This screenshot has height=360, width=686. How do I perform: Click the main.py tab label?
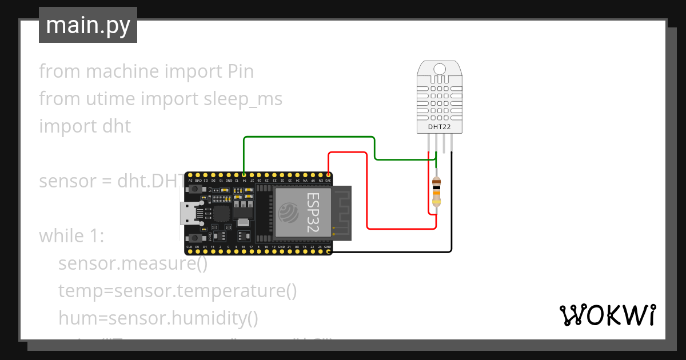tap(87, 25)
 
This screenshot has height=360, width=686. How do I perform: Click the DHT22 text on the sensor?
tap(440, 126)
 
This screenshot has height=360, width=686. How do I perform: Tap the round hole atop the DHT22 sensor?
tap(440, 69)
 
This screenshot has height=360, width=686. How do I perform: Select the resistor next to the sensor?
tap(436, 191)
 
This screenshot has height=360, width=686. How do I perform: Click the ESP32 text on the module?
tap(313, 211)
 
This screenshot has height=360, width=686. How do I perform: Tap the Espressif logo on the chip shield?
tap(288, 213)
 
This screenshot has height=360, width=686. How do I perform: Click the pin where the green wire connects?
tap(244, 175)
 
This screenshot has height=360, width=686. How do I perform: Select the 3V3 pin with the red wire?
tap(329, 175)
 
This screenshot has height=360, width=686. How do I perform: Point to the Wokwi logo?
tap(607, 315)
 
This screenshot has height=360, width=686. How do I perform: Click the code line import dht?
tap(85, 126)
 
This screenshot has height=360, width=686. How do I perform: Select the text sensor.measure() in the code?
tap(132, 263)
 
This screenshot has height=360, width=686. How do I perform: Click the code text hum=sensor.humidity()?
tap(158, 318)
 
